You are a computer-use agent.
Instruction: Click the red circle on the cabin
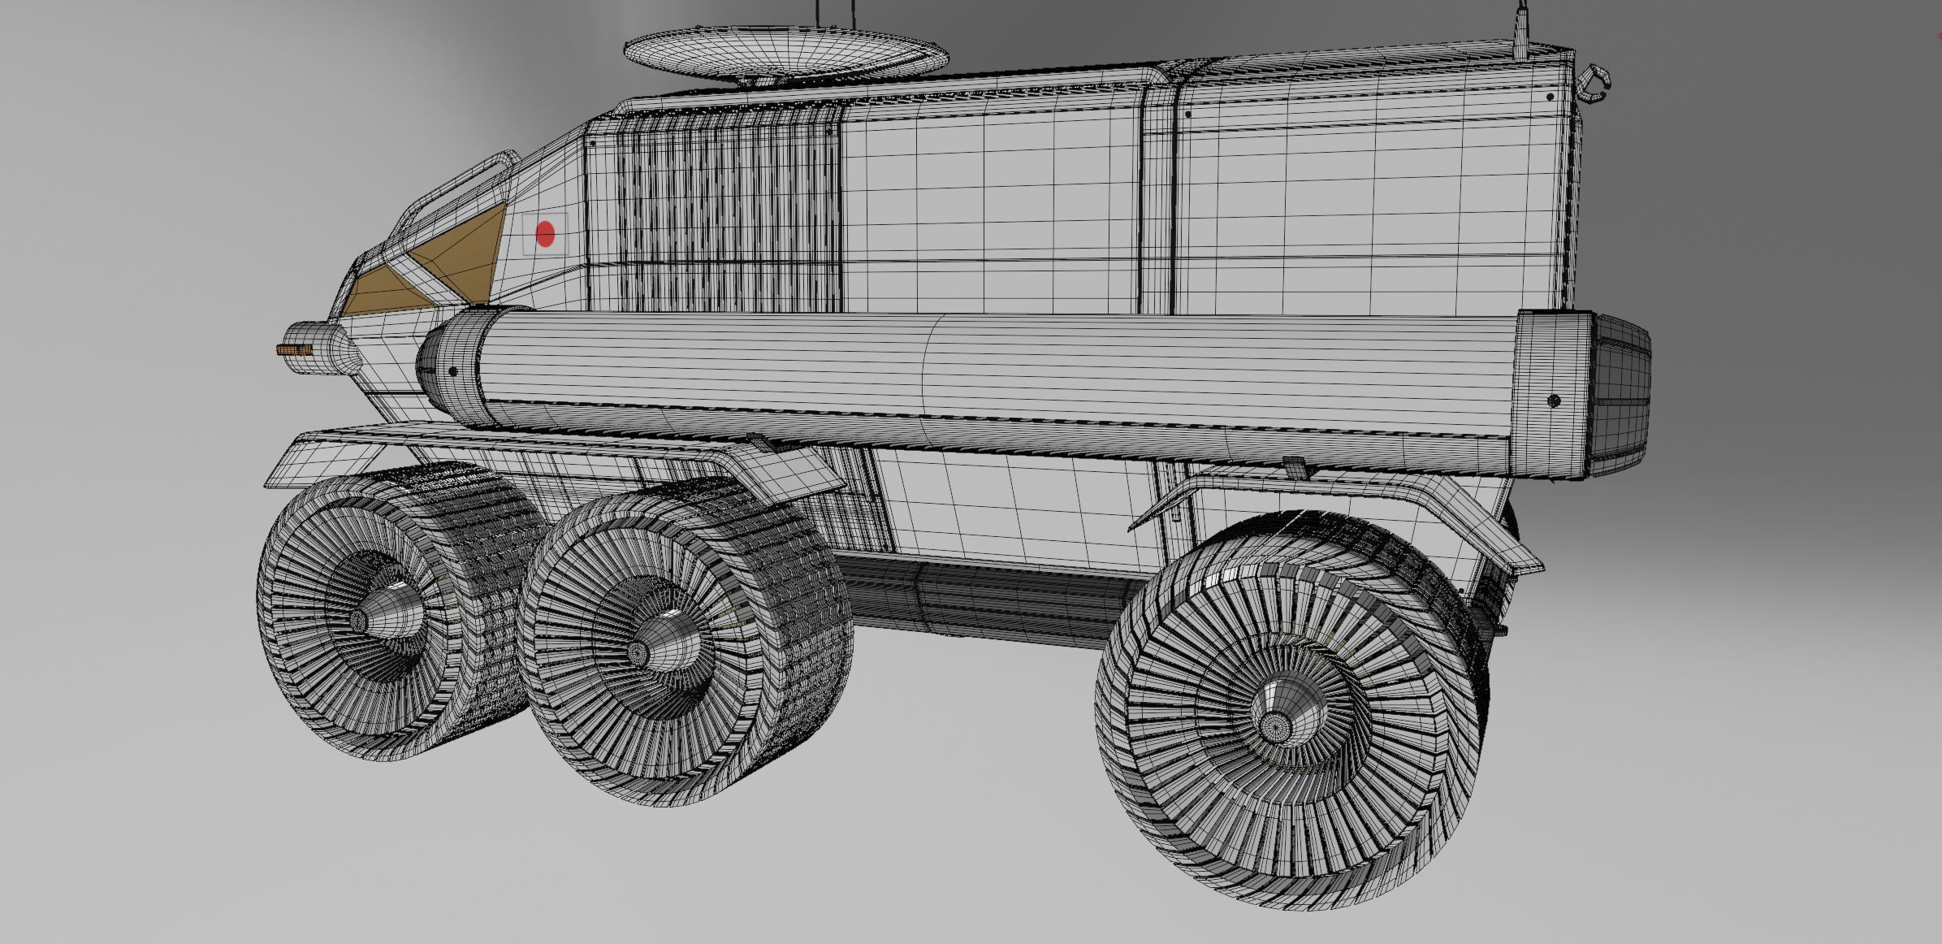tap(545, 234)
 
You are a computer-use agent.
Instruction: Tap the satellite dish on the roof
tap(785, 50)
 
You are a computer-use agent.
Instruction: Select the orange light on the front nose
tap(294, 350)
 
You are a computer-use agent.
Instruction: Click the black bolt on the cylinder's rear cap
tap(1553, 401)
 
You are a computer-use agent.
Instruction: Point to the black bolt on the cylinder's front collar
tap(452, 372)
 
